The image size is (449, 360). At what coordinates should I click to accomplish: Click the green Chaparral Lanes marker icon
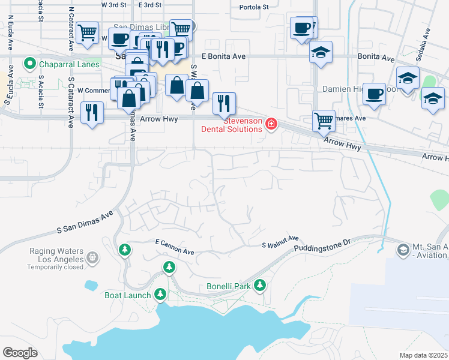29,63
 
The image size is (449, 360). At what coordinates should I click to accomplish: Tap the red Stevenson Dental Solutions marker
271,124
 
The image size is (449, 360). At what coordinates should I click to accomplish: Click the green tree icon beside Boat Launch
160,294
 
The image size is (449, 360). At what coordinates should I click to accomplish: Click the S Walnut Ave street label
280,242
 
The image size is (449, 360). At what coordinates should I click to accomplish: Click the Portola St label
254,7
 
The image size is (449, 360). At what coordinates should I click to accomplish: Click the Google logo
20,353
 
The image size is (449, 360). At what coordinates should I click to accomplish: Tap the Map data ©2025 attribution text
423,355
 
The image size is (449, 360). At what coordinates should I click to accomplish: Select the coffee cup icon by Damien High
374,94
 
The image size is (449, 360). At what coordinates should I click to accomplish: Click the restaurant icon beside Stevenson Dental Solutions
224,103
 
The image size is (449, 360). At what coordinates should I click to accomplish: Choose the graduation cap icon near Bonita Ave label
321,52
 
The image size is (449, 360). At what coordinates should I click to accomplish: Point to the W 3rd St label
113,5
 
